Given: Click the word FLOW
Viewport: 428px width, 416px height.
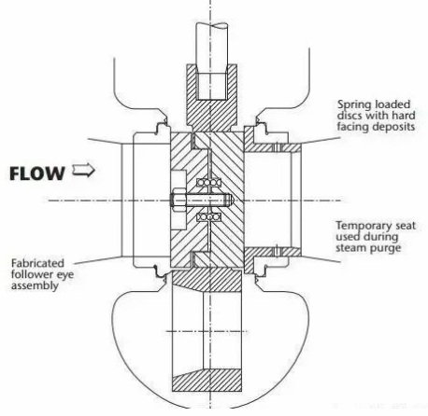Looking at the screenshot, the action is coord(37,173).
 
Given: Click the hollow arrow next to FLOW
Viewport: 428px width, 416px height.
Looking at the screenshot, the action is coord(83,170).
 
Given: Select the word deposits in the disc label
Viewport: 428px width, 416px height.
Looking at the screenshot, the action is coord(395,127).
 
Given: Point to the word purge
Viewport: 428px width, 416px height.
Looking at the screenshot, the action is coord(386,248).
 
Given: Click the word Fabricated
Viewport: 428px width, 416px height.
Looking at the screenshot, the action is coord(37,263).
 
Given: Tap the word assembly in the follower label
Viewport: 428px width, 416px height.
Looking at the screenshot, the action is coord(35,286).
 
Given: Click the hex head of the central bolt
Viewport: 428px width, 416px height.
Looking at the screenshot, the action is coord(178,201).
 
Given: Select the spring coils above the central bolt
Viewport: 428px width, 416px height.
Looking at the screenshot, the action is coord(209,183).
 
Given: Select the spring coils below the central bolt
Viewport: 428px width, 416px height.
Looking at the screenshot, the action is coord(209,216).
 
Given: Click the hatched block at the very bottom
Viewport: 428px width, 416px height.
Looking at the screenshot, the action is coord(207,380).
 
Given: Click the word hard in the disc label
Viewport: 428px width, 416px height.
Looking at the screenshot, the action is coord(404,116).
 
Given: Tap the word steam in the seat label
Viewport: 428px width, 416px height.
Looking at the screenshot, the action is coord(351,248).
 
